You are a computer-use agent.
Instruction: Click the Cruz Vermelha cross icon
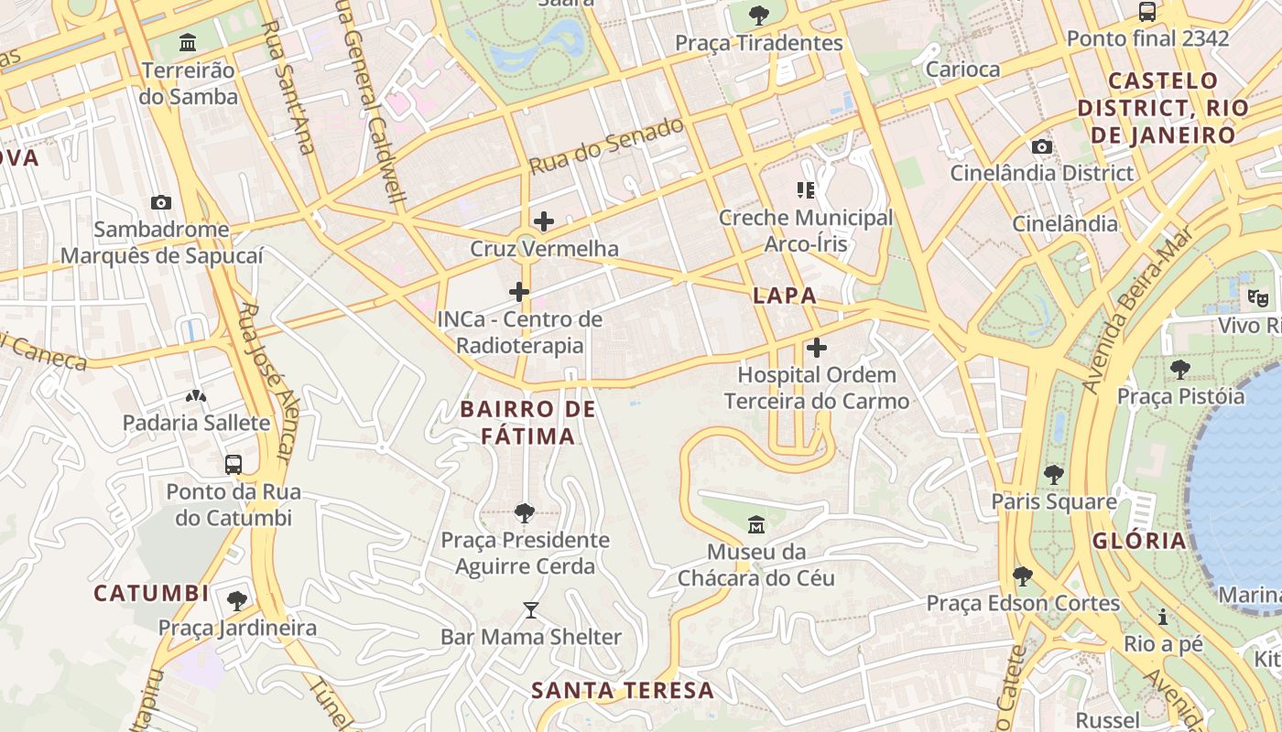click(x=544, y=221)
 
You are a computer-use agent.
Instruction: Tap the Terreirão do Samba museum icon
click(x=189, y=42)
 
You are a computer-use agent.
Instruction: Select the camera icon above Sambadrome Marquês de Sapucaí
click(x=161, y=202)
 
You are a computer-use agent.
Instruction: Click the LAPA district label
click(x=784, y=296)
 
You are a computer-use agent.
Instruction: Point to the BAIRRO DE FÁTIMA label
click(x=528, y=423)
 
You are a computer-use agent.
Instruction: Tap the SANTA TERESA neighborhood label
click(x=623, y=690)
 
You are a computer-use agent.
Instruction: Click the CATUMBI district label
click(x=151, y=593)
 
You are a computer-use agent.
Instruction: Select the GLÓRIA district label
click(x=1139, y=540)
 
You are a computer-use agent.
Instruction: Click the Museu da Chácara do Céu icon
click(x=756, y=525)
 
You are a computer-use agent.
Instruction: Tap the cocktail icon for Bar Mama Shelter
click(x=531, y=609)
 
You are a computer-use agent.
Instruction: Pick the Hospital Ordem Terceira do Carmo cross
click(x=817, y=348)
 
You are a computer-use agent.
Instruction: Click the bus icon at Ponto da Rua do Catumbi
click(x=234, y=464)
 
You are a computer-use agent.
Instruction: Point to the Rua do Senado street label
click(x=606, y=145)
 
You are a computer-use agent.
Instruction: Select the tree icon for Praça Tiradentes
click(x=758, y=16)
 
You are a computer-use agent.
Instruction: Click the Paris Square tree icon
click(x=1054, y=474)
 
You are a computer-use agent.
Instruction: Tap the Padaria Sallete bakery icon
click(x=196, y=396)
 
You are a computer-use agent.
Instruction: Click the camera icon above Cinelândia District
click(x=1041, y=146)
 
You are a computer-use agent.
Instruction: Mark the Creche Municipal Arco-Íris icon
click(x=805, y=190)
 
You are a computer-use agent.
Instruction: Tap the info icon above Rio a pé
click(x=1163, y=617)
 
